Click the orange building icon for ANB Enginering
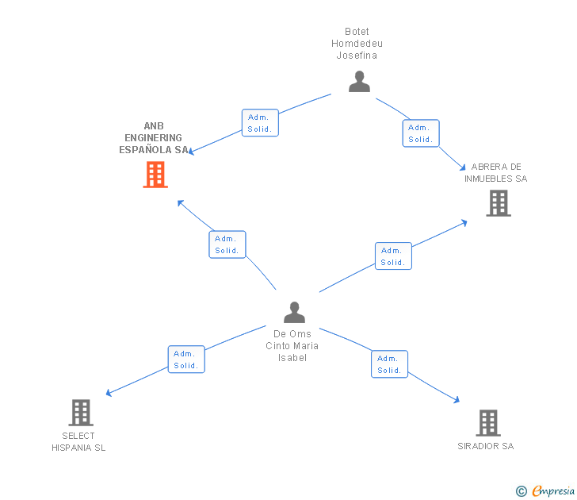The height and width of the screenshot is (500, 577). coord(155,175)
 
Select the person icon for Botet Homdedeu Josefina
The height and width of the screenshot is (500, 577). coord(359,82)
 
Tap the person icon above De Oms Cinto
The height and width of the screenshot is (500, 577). coord(294,312)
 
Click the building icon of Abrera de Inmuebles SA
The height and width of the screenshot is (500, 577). coord(498,203)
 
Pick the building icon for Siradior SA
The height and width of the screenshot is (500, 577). coord(488,423)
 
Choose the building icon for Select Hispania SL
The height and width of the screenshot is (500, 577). coord(81,413)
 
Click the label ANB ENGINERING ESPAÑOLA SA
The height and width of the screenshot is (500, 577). coord(155,138)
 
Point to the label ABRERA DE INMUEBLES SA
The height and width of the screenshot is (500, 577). coord(496,173)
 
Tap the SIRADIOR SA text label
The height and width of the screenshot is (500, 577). coord(486,446)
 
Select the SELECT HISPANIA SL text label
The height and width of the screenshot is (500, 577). coord(78,442)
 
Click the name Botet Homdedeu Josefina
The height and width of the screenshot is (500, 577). coord(357,44)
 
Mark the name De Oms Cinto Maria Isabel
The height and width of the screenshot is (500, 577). coord(292,346)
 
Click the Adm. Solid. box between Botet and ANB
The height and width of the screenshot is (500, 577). coord(260,123)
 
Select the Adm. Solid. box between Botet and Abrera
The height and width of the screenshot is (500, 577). coord(420,133)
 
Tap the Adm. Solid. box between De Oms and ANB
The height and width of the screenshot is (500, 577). coord(227,244)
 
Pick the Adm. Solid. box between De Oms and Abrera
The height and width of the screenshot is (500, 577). coord(393,256)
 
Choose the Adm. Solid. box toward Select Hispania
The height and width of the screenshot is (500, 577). coord(186,360)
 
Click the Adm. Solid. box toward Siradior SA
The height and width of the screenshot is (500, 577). coord(389,364)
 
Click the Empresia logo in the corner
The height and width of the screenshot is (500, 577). coord(553,491)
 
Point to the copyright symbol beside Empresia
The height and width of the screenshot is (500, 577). coord(522,492)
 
